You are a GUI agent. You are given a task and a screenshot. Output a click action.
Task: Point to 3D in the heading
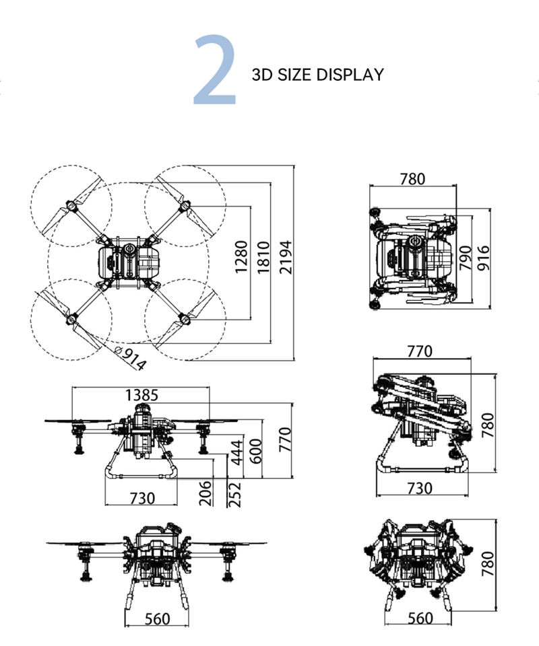262,74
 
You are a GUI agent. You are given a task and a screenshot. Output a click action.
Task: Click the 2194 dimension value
287,257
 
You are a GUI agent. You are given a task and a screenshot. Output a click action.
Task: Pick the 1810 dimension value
263,257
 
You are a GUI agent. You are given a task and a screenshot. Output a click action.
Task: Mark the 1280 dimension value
241,257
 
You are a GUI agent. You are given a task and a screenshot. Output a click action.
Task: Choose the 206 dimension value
207,493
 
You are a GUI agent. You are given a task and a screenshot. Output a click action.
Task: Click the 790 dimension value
465,258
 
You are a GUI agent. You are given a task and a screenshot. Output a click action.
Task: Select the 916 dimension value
482,258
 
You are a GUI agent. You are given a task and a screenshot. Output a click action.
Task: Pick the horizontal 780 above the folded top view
412,179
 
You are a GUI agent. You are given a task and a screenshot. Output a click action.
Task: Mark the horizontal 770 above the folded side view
420,351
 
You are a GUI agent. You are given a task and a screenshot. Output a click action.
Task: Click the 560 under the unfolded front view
157,619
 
